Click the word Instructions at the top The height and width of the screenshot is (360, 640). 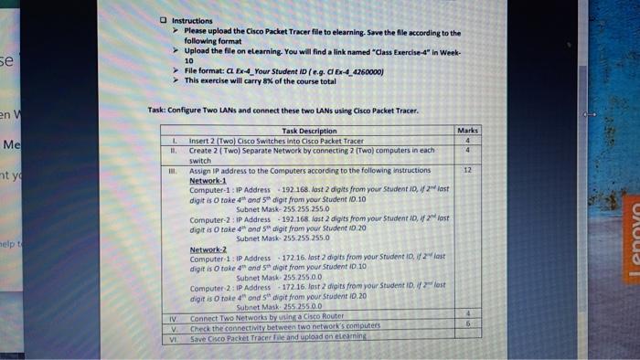(x=191, y=20)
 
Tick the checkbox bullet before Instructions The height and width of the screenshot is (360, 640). (x=163, y=20)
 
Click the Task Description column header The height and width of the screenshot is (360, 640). (x=311, y=132)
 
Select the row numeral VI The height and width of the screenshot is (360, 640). (x=170, y=336)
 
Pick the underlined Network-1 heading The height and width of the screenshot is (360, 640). (x=208, y=179)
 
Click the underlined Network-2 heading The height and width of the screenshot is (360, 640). (x=208, y=249)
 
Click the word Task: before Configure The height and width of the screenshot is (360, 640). (x=156, y=111)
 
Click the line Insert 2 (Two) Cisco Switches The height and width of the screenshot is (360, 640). (x=276, y=141)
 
